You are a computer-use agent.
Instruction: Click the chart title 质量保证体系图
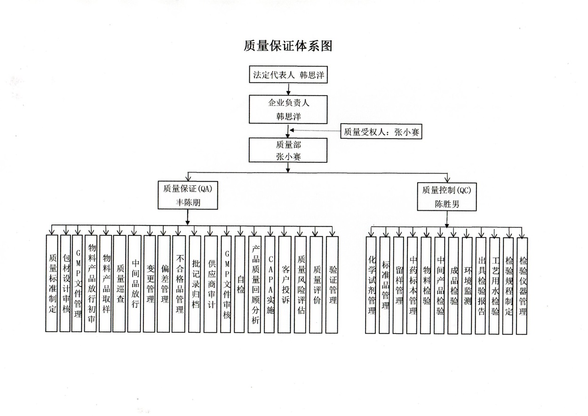(288, 46)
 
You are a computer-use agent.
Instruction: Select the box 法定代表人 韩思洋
(288, 74)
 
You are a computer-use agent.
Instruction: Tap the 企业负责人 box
(288, 109)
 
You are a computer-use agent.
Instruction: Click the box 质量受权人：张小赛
(381, 131)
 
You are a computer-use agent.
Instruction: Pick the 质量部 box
(288, 150)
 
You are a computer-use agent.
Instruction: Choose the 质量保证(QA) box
(188, 195)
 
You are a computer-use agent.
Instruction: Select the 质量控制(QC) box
(447, 197)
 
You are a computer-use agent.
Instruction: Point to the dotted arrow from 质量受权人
(315, 130)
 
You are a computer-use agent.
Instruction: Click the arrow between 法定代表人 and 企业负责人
(288, 89)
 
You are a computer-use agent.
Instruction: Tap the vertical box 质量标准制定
(52, 283)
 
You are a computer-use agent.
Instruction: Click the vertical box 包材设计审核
(65, 283)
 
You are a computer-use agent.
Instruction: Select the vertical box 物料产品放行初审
(91, 283)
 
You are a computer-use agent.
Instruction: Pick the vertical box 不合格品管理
(178, 284)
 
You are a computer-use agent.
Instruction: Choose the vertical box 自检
(239, 284)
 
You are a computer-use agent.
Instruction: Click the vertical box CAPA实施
(270, 284)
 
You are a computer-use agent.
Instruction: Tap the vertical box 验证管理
(332, 285)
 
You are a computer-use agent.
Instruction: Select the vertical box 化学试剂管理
(371, 285)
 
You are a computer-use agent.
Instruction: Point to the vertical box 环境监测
(467, 286)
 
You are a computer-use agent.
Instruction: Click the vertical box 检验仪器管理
(522, 286)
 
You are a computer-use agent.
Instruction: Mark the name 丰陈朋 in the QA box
(188, 202)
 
